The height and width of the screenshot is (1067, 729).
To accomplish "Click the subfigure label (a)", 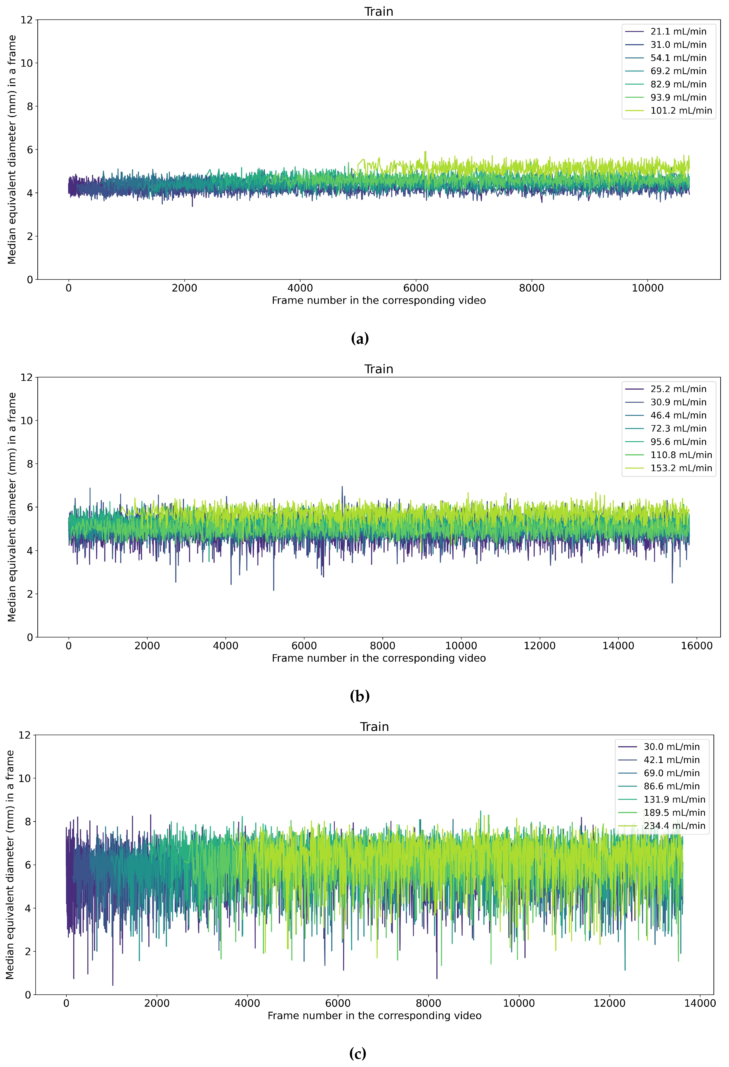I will [359, 339].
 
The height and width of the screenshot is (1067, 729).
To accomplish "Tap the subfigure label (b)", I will [359, 696].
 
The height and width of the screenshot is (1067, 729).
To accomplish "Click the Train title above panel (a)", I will [379, 12].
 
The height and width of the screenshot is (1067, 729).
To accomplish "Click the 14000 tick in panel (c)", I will [700, 1003].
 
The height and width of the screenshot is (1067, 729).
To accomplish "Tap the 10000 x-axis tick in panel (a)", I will [647, 288].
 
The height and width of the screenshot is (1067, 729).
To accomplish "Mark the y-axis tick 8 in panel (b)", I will [30, 464].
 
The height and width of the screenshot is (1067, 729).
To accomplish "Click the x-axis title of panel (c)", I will [374, 1016].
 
